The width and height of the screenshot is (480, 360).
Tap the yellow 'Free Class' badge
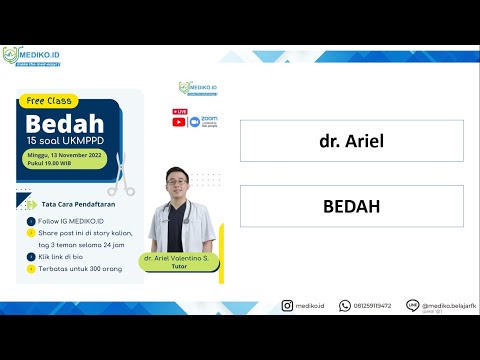[51, 102]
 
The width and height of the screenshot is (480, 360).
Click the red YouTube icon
[179, 122]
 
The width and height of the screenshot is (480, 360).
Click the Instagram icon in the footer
[287, 306]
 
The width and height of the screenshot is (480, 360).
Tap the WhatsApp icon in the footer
[344, 306]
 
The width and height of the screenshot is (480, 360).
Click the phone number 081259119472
[372, 306]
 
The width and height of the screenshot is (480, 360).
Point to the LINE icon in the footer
[411, 305]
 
